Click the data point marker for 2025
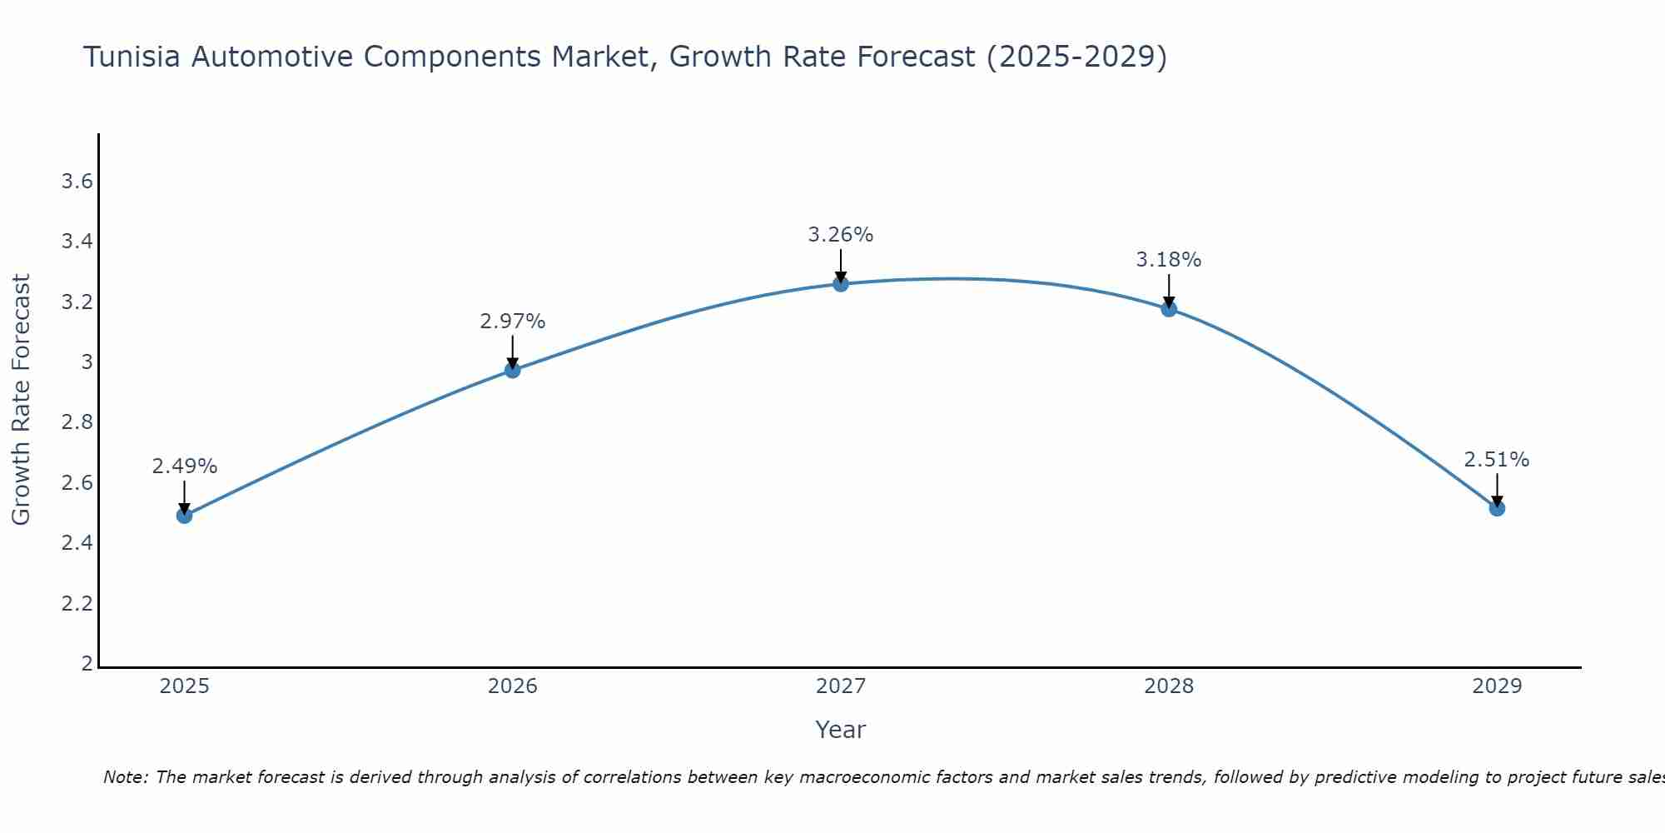coord(185,516)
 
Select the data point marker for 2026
coord(513,370)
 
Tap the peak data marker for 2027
coord(841,284)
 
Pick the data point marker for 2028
coord(1169,309)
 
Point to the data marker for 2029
coord(1497,508)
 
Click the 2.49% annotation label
coord(185,466)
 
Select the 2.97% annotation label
coord(513,322)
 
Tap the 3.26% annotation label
coord(841,235)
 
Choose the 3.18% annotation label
coord(1169,260)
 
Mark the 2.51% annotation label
coord(1497,460)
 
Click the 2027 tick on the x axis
coord(841,686)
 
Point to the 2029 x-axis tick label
coord(1497,686)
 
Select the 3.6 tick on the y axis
coord(77,182)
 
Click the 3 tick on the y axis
coord(87,362)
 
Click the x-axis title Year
coord(841,730)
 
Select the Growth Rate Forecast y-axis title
coord(22,400)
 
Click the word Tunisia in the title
coord(132,57)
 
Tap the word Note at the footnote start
coord(125,777)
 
